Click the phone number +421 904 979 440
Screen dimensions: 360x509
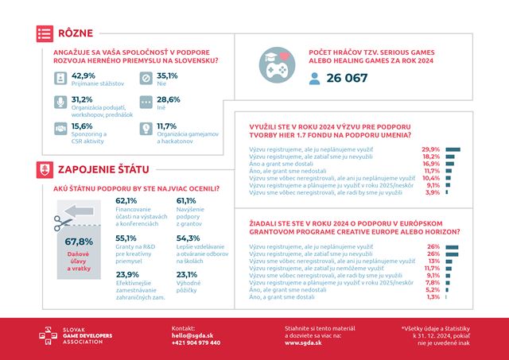(196, 343)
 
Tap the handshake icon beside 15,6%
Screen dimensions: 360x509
(60, 128)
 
